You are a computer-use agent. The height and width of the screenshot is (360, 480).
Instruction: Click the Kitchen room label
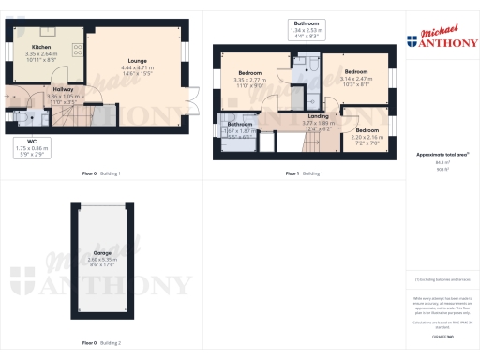(x=41, y=46)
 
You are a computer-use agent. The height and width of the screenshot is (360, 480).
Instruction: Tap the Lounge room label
(x=138, y=62)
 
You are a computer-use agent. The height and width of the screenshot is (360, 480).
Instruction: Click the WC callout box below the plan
(x=33, y=145)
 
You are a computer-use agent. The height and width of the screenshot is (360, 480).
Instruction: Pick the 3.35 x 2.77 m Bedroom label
(x=249, y=73)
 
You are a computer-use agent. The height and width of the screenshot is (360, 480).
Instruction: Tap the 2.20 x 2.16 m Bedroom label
(x=367, y=130)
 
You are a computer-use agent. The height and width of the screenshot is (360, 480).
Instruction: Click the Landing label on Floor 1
(x=318, y=116)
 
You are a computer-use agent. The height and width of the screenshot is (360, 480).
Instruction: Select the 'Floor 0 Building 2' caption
(x=102, y=343)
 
